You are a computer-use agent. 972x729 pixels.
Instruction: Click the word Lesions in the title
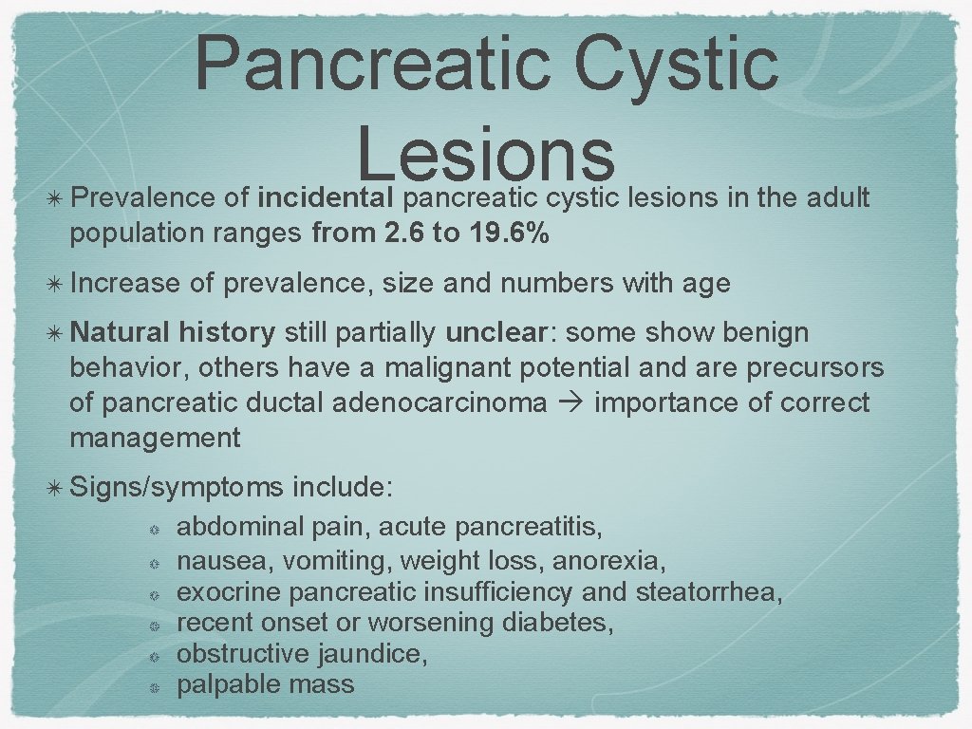486,153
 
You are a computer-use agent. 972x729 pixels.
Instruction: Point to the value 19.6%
508,234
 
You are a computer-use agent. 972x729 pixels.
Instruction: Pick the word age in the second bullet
703,283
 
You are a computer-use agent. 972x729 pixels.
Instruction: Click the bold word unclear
496,333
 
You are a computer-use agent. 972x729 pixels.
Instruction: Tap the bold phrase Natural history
173,333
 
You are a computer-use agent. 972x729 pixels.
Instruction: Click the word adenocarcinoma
440,403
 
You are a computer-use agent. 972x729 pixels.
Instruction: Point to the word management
155,439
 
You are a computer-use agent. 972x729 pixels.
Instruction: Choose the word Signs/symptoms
177,488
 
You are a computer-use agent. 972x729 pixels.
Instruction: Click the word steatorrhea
708,592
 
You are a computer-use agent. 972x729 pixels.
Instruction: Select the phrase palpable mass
266,684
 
